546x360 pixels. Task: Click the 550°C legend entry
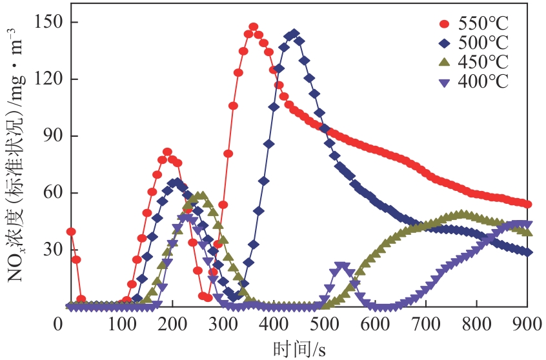pos(474,25)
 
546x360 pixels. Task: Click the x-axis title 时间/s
pos(299,348)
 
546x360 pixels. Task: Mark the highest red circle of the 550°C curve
pos(254,27)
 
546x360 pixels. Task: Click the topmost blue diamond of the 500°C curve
pos(294,34)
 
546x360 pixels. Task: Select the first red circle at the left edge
pos(71,232)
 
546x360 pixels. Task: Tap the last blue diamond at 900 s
pos(528,252)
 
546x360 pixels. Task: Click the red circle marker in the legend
pos(443,25)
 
